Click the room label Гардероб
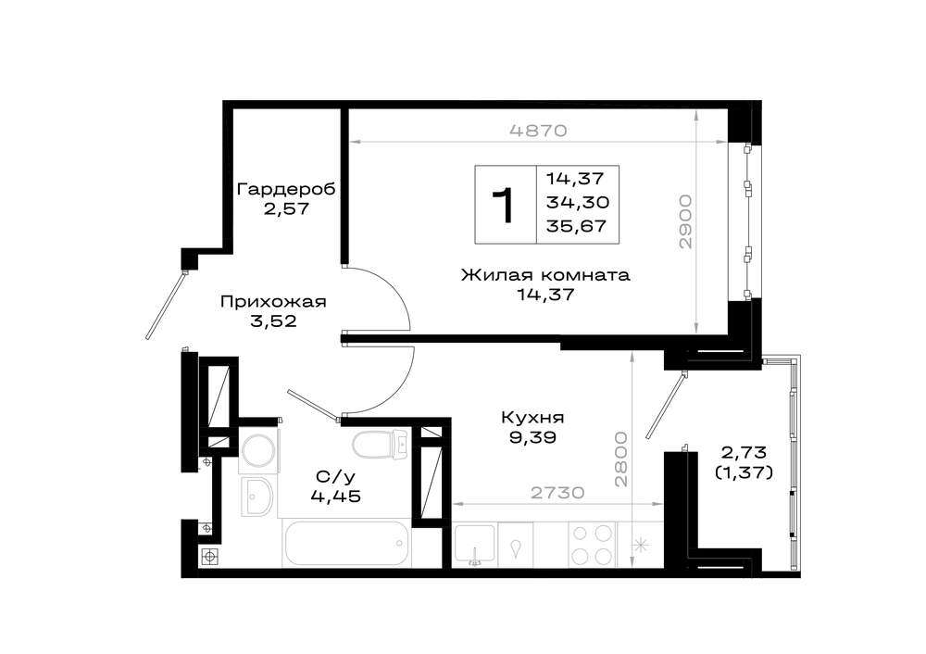[x=286, y=189]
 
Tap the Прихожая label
[x=273, y=302]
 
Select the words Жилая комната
[x=545, y=275]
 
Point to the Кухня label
[x=532, y=418]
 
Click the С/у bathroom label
[x=331, y=476]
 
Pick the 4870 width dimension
[x=537, y=131]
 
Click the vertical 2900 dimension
[x=684, y=221]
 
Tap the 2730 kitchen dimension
[x=557, y=492]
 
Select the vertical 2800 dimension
[x=620, y=459]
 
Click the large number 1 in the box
[x=506, y=206]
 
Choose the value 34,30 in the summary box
[x=577, y=203]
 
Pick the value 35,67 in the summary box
[x=576, y=226]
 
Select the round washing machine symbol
[x=258, y=452]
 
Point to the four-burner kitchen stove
[x=593, y=545]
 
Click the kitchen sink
[x=475, y=544]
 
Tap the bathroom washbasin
[x=257, y=497]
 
